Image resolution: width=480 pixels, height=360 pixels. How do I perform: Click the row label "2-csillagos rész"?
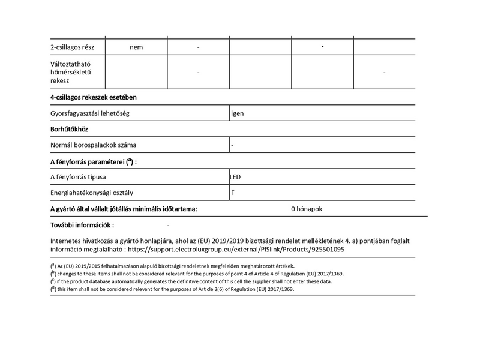(77, 47)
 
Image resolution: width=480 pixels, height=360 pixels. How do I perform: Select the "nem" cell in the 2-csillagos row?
(136, 47)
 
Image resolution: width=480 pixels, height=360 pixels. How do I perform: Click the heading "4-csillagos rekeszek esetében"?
(97, 97)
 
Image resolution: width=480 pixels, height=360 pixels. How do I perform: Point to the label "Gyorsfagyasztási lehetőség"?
(91, 113)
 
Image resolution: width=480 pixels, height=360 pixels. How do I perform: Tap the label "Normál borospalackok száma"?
(94, 145)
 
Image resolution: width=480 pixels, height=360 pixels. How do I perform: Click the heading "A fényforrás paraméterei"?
(93, 161)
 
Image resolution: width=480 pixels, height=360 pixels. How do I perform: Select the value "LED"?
(235, 177)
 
